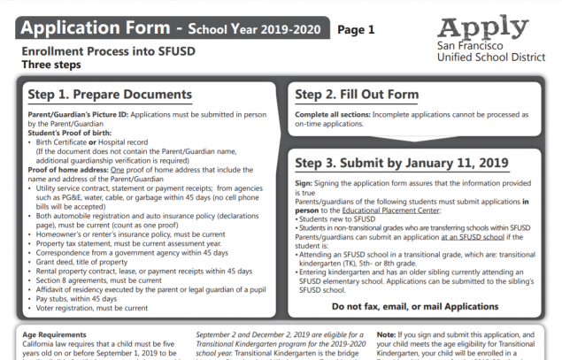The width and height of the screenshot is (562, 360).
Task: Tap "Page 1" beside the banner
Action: (356, 29)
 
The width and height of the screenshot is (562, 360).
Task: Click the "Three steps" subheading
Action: (51, 65)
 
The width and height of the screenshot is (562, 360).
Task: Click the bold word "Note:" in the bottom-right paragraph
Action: (386, 336)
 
